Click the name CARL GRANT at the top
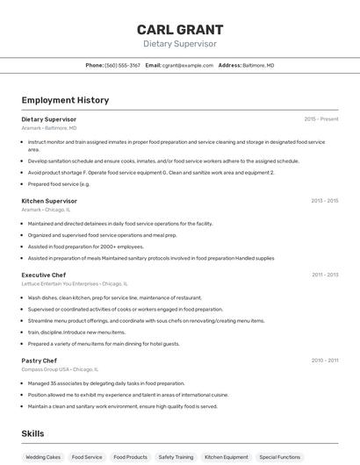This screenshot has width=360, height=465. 180,29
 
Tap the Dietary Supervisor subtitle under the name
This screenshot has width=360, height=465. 180,44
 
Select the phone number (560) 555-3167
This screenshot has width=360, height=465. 122,65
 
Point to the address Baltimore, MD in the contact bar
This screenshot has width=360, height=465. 258,65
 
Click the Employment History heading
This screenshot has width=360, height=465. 65,100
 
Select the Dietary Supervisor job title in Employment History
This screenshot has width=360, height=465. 49,119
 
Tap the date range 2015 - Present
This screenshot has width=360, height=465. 320,119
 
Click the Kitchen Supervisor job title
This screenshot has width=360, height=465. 49,201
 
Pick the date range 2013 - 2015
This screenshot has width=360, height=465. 324,201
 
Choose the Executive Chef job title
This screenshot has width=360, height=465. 44,275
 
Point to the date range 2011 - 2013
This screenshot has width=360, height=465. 324,275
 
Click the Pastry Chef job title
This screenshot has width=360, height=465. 40,361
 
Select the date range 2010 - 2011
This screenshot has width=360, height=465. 324,361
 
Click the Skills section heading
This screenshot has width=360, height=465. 32,433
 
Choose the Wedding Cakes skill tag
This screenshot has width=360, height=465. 43,457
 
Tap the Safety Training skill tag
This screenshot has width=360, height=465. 176,457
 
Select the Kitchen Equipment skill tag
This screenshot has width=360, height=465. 227,457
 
